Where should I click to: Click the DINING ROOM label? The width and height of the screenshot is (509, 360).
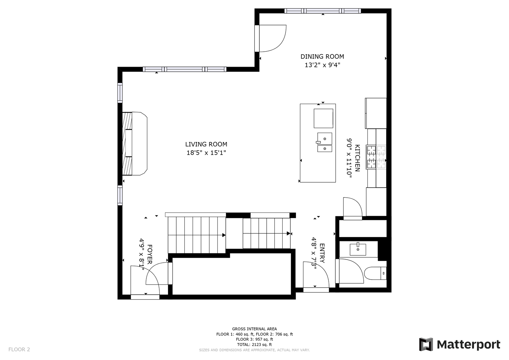coord(322,57)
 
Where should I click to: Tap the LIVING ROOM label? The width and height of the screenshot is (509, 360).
coord(206,144)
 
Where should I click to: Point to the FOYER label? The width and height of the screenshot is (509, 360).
coord(150,254)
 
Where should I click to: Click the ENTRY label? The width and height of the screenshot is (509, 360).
coord(322,253)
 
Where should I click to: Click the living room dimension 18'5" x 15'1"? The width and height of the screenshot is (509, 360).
coord(206,153)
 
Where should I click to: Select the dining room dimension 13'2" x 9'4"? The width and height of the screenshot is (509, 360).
coord(322,65)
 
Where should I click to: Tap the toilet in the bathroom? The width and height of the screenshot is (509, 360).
coord(375,273)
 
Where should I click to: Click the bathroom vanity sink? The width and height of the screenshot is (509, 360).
coord(358,249)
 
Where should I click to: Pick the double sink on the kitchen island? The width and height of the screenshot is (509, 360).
coord(324,142)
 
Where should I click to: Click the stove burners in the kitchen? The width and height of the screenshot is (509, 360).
coord(376,157)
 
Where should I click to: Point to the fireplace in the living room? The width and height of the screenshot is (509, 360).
coord(135,143)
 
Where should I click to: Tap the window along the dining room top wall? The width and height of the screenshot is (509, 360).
coord(322,11)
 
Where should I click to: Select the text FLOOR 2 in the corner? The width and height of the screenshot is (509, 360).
coord(19,349)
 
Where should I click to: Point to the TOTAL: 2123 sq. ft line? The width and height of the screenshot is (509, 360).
coord(254,345)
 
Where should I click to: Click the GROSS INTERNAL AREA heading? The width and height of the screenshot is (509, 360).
coord(254,329)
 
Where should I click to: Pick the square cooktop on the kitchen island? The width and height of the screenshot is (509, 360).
coord(323,118)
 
